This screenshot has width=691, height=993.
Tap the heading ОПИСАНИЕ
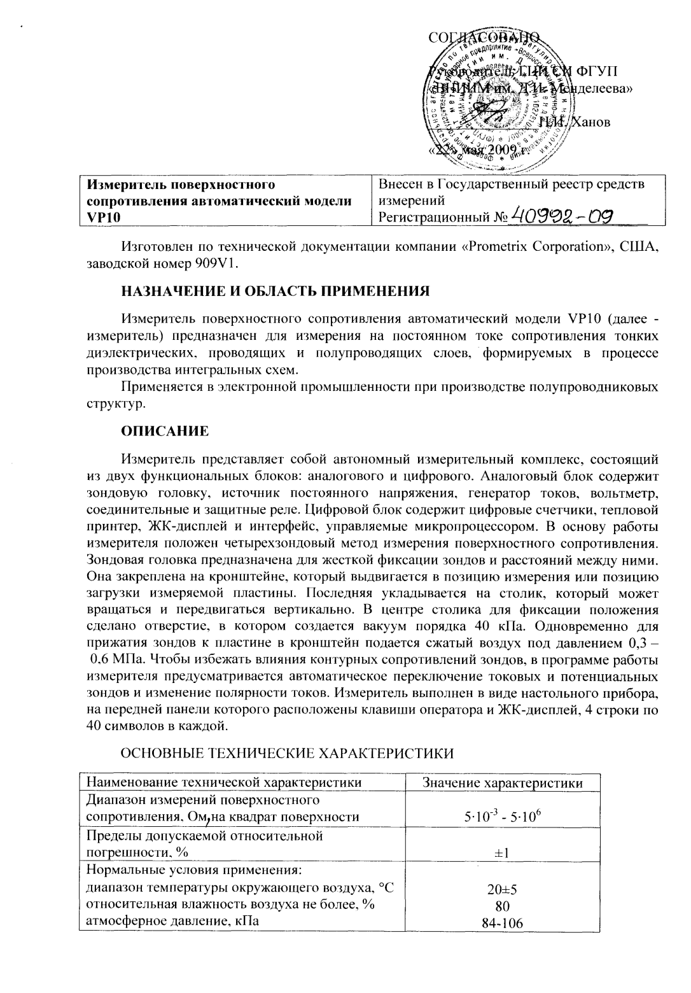pos(165,431)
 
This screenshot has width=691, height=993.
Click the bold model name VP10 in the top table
pos(101,218)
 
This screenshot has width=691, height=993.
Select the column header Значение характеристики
pos(503,783)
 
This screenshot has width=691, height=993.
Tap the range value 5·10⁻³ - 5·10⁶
pos(503,817)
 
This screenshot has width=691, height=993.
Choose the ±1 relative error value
pos(503,854)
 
